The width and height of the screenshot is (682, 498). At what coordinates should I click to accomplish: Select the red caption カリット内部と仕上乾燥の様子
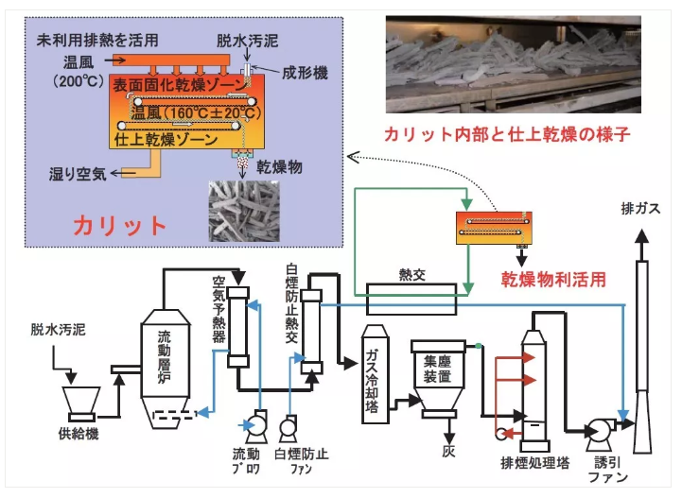(507, 134)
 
